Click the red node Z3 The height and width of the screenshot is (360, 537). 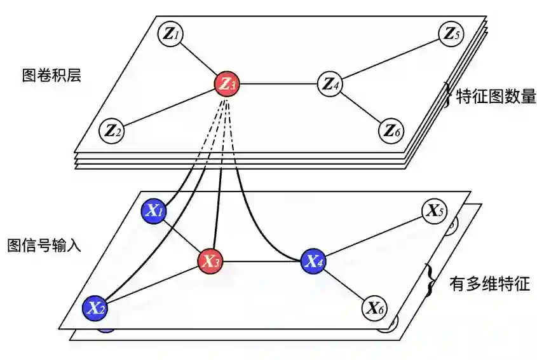click(x=228, y=83)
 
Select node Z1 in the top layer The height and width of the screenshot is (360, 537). click(x=170, y=33)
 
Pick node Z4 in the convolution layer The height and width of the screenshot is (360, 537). click(x=330, y=83)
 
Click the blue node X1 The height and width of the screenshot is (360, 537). click(x=153, y=211)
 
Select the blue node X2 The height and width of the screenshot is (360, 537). click(x=95, y=308)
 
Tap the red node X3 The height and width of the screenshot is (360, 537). click(x=210, y=261)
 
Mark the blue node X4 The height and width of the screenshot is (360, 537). click(x=313, y=260)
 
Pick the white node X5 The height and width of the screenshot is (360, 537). click(x=434, y=211)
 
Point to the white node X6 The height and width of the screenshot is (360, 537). click(x=375, y=308)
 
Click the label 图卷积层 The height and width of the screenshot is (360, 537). click(x=51, y=76)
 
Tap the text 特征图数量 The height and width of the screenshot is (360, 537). click(x=492, y=97)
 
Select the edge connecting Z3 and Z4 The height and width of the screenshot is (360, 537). click(x=278, y=83)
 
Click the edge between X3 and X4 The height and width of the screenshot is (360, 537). click(x=261, y=261)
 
